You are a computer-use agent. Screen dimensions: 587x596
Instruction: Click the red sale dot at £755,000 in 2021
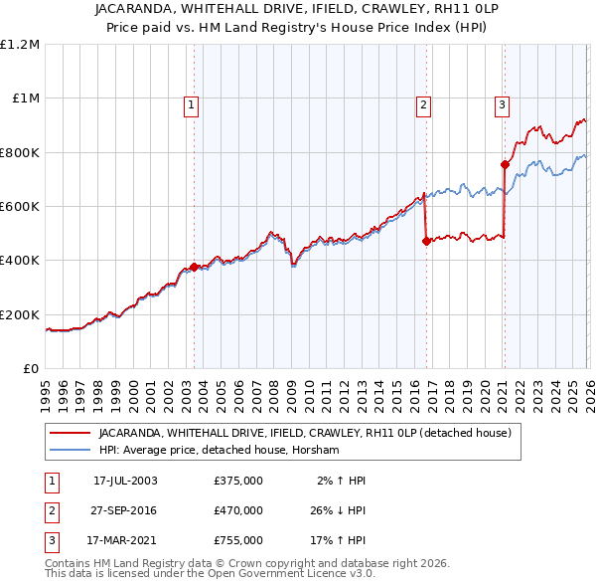click(505, 165)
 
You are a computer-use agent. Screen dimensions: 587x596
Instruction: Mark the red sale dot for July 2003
click(194, 268)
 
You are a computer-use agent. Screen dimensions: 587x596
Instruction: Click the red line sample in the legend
click(71, 433)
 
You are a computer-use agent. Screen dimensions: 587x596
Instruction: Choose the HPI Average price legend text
click(219, 450)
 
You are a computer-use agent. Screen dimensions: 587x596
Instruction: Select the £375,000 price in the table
click(237, 480)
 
